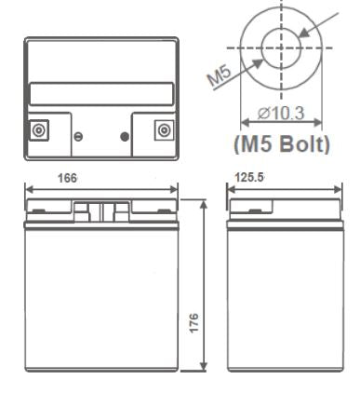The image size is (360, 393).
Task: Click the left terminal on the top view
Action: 39,129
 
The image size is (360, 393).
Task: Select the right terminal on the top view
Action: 165,129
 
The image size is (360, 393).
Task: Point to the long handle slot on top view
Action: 101,95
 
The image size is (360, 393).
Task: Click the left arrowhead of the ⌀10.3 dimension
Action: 245,121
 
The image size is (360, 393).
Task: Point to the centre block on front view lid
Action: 101,211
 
